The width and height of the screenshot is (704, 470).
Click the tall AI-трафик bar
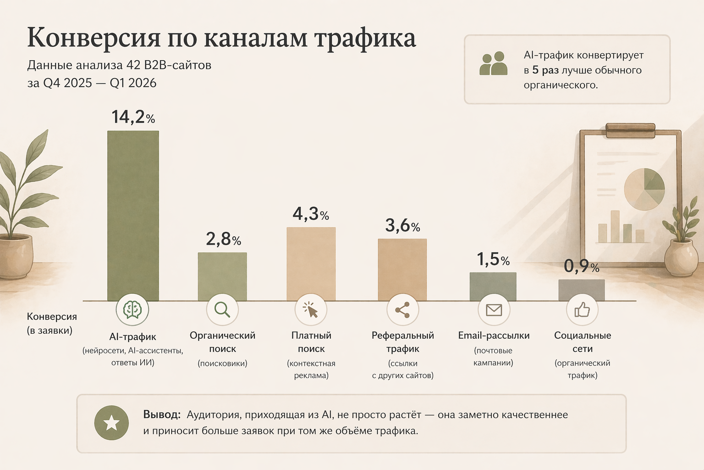(133, 216)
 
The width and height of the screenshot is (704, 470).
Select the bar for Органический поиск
(222, 276)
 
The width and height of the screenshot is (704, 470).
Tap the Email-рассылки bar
(493, 286)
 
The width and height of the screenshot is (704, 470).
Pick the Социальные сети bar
(581, 290)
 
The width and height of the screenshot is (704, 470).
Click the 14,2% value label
(133, 117)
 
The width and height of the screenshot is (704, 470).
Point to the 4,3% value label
(311, 214)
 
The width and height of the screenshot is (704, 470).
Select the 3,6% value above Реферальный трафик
(402, 225)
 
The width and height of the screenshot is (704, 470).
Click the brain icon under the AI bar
(132, 310)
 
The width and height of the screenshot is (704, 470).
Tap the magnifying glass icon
(222, 310)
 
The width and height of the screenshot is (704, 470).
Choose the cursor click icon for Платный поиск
(311, 310)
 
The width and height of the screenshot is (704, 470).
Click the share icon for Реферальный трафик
(402, 310)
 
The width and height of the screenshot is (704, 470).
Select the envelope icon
(494, 310)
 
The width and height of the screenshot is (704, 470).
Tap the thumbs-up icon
(582, 310)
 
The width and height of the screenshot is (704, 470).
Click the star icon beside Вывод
(111, 423)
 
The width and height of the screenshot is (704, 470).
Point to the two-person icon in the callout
(493, 64)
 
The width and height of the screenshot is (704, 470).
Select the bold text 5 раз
(545, 70)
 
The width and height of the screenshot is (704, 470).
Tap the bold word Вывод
(161, 414)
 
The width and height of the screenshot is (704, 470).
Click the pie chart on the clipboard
(644, 189)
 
